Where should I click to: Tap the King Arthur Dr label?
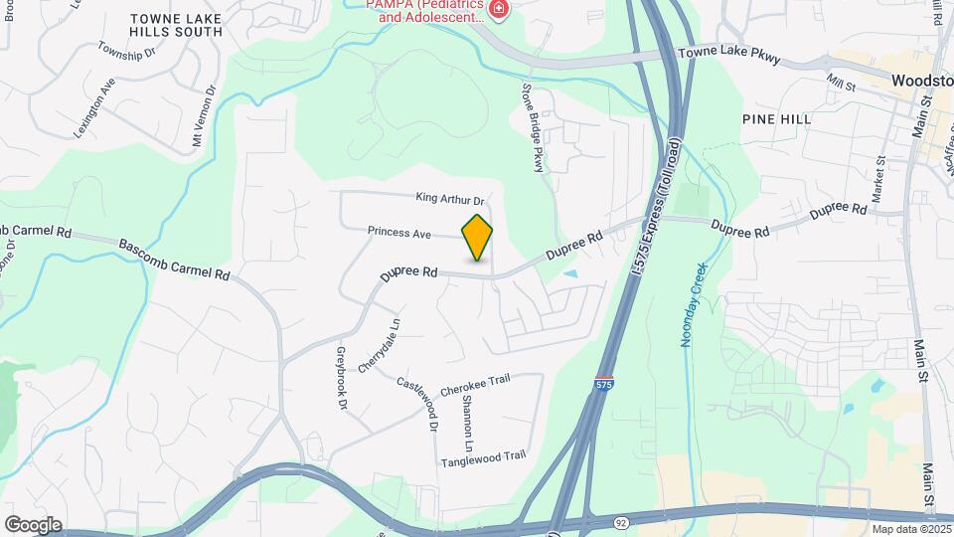tap(449, 200)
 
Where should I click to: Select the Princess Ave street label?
tap(398, 232)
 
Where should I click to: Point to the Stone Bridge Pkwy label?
tap(535, 128)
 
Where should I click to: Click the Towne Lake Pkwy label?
tap(729, 58)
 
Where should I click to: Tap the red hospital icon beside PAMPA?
tap(498, 11)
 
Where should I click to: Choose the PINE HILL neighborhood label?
tap(776, 118)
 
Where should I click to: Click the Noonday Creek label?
tap(694, 304)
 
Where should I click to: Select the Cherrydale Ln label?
tap(379, 345)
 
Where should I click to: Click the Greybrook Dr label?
tap(340, 378)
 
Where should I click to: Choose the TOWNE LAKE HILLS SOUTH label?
tap(177, 25)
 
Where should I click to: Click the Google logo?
tap(32, 525)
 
